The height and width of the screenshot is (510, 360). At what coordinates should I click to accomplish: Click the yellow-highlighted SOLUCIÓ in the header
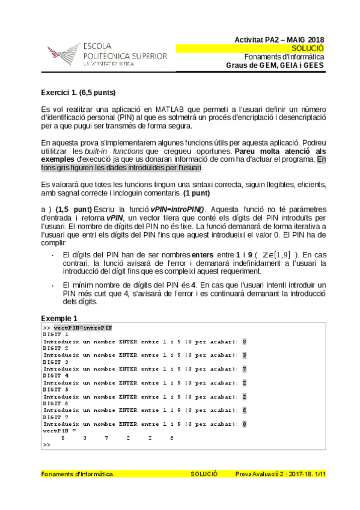[x=307, y=48]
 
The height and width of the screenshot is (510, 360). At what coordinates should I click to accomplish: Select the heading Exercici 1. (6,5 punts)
[x=78, y=93]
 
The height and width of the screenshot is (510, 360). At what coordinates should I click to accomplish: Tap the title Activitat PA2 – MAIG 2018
[x=279, y=39]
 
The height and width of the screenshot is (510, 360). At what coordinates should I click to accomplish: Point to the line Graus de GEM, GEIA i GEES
[x=275, y=66]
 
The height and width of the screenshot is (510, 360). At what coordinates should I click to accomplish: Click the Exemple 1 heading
[x=59, y=318]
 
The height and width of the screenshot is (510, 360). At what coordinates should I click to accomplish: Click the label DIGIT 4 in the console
[x=56, y=375]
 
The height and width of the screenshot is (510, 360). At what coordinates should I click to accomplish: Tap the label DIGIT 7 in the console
[x=56, y=417]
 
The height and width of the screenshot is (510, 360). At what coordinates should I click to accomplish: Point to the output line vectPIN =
[x=59, y=431]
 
